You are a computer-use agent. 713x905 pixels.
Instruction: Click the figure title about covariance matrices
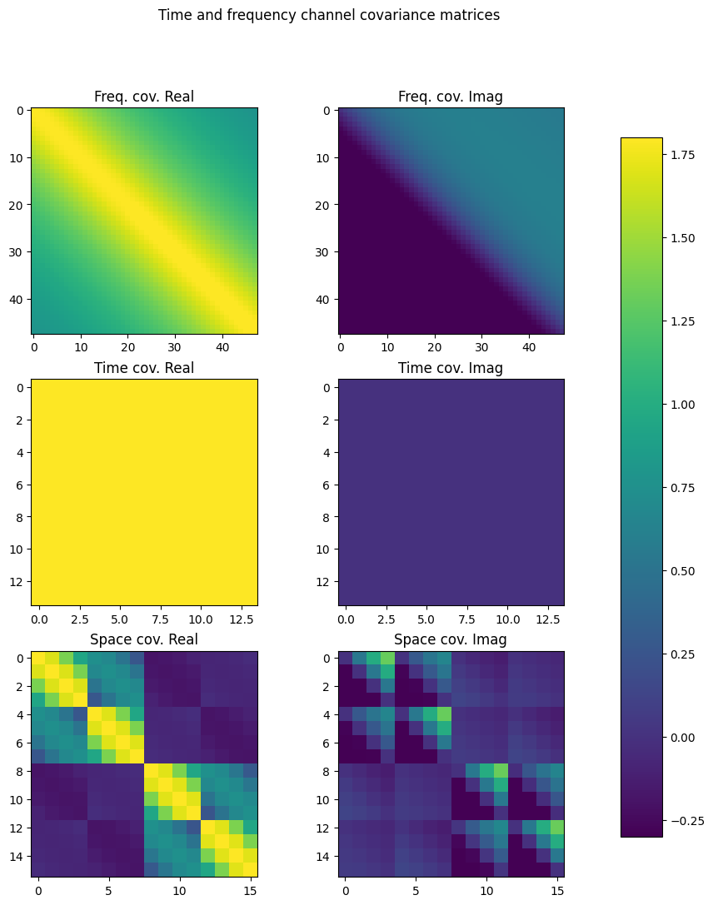(x=329, y=15)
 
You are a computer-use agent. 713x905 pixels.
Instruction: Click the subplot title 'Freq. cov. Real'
(x=144, y=97)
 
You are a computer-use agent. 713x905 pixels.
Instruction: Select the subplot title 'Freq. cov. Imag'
(x=451, y=97)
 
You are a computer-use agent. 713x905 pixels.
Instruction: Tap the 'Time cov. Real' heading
(x=144, y=368)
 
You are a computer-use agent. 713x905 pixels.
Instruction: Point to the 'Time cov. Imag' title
(x=451, y=368)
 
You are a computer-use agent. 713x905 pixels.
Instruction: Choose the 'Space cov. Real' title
(x=144, y=639)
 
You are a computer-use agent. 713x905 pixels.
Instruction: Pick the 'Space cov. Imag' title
(x=451, y=639)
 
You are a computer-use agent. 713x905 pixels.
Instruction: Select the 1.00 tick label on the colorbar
(x=685, y=405)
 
